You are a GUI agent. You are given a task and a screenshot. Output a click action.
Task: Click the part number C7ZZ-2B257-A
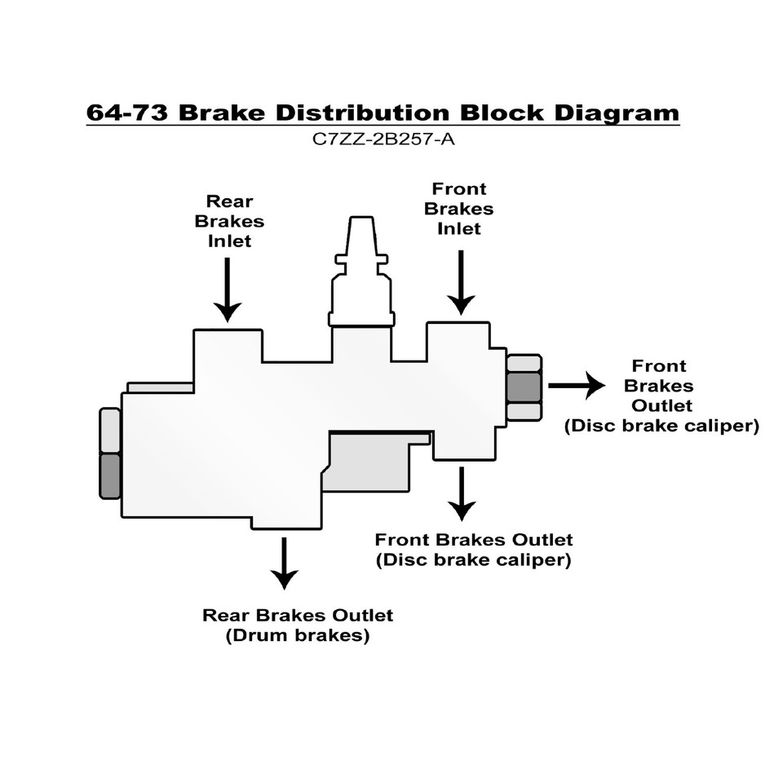(x=383, y=139)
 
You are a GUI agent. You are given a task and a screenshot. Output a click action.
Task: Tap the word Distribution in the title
(x=363, y=113)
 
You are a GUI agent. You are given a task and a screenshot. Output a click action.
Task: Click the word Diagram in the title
(x=617, y=113)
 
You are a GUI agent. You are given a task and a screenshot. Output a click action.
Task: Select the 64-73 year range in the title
(x=127, y=113)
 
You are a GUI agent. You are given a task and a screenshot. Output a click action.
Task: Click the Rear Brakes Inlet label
(x=229, y=221)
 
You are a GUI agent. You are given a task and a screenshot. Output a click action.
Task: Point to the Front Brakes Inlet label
(x=459, y=209)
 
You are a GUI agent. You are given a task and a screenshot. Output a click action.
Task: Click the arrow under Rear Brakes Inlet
(x=228, y=290)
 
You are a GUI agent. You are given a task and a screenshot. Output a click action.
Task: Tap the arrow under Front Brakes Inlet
(x=460, y=283)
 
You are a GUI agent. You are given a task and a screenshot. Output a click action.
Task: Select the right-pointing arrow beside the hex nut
(x=577, y=386)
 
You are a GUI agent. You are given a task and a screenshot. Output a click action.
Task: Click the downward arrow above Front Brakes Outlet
(x=462, y=494)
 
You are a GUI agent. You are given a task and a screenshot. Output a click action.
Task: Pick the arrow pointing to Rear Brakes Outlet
(x=284, y=564)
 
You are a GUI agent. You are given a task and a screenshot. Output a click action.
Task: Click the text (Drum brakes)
(x=298, y=635)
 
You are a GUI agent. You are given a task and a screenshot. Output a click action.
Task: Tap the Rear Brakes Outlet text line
(x=298, y=615)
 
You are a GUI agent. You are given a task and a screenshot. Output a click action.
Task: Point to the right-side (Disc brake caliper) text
(x=661, y=426)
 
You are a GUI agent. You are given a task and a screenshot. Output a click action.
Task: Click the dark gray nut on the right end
(x=524, y=387)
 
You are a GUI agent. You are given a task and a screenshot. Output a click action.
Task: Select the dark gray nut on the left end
(x=110, y=476)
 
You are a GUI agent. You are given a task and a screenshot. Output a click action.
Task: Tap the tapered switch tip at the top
(x=361, y=237)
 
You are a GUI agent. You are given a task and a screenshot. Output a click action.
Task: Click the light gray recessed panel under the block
(x=369, y=462)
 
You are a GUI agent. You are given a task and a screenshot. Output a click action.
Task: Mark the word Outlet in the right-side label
(x=661, y=405)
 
